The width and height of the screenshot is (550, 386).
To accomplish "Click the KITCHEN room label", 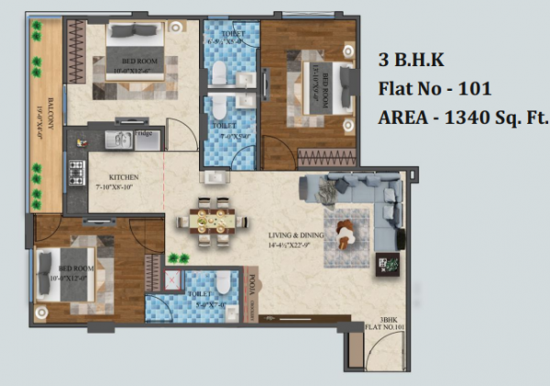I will point(122,176).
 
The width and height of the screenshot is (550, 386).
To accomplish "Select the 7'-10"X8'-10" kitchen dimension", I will point(122,186).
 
